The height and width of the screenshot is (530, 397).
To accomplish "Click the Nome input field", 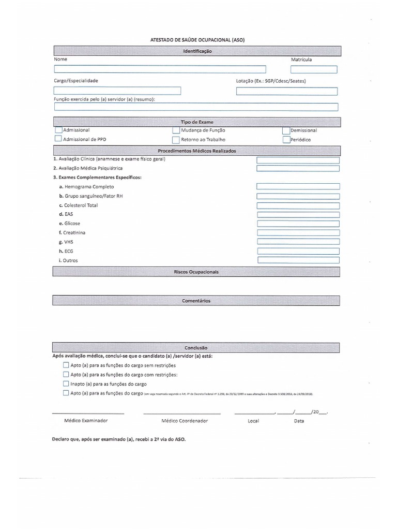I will pyautogui.click(x=160, y=69).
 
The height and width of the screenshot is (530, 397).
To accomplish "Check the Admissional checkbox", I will pyautogui.click(x=58, y=130).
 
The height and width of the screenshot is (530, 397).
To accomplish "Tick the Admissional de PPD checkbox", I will pyautogui.click(x=58, y=139).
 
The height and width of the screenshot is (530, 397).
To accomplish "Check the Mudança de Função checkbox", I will pyautogui.click(x=176, y=130).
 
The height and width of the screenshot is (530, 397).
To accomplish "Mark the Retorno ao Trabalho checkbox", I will pyautogui.click(x=176, y=139).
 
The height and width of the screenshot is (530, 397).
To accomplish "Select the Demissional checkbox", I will pyautogui.click(x=286, y=130).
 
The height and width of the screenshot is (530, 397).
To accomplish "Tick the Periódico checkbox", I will pyautogui.click(x=286, y=139).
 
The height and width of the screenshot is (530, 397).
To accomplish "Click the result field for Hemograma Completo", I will pyautogui.click(x=298, y=186).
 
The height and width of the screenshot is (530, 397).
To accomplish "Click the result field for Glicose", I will pyautogui.click(x=298, y=224).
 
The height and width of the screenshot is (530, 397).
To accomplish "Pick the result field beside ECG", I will pyautogui.click(x=298, y=251).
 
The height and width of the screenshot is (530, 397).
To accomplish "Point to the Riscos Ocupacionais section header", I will pyautogui.click(x=196, y=272).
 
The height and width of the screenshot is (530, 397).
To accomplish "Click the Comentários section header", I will pyautogui.click(x=196, y=301).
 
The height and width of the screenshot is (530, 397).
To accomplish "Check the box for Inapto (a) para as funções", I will pyautogui.click(x=66, y=384).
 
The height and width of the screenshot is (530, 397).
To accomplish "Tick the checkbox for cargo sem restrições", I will pyautogui.click(x=66, y=365).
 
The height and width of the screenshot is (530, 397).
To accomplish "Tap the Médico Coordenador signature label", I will pyautogui.click(x=185, y=421).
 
